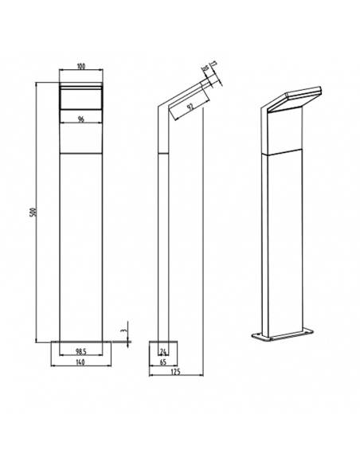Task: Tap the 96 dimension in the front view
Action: tap(80, 119)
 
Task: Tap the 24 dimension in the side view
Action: tap(164, 350)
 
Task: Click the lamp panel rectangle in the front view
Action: tap(80, 99)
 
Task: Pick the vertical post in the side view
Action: tap(163, 239)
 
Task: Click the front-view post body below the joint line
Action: tap(80, 247)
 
